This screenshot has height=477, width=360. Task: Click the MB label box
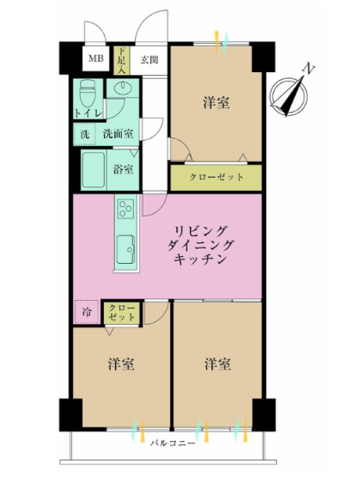96,58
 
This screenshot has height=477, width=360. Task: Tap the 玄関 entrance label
149,59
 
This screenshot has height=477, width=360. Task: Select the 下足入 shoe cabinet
122,60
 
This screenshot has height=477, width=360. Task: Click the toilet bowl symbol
88,93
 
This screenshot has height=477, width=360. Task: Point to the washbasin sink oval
123,88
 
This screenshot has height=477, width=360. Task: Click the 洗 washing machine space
84,134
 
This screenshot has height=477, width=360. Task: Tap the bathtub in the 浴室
94,170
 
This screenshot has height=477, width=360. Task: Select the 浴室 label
123,169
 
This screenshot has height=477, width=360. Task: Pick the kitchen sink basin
126,249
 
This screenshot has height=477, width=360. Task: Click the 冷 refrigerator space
87,312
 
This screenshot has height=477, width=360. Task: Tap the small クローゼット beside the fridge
122,313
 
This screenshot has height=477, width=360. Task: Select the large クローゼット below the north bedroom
216,177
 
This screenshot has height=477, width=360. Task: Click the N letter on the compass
309,69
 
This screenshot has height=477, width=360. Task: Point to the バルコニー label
173,443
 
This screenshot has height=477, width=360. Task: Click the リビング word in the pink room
201,231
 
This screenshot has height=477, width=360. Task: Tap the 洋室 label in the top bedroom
217,103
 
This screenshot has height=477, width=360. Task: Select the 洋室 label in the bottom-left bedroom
121,364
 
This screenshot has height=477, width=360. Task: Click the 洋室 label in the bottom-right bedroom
217,364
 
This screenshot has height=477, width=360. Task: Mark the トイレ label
88,113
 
